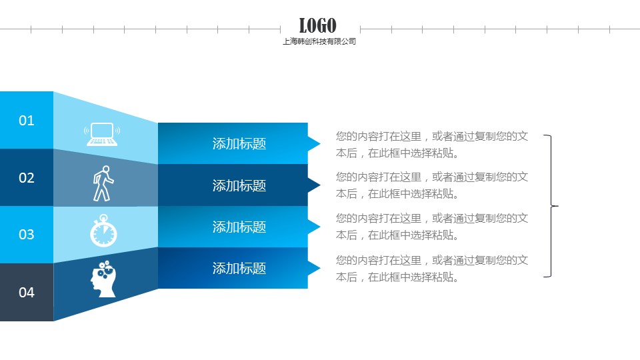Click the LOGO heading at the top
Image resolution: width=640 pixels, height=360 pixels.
pos(317,25)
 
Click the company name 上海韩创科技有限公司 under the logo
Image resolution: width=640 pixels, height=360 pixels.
pos(319,41)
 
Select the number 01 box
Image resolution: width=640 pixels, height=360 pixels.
pos(27,120)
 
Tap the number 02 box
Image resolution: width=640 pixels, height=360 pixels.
pos(27,177)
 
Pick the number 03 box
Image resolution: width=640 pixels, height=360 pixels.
pos(27,235)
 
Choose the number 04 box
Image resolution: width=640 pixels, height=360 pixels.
pos(27,292)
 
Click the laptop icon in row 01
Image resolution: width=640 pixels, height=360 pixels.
pos(102,134)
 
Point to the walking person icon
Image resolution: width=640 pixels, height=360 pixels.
pos(103,183)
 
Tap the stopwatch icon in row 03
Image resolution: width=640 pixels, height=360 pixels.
pos(104,231)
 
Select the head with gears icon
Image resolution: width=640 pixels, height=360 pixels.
pos(104,279)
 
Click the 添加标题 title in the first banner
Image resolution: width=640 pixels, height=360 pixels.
pos(239,144)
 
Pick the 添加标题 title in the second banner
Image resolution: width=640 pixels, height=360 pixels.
pos(239,186)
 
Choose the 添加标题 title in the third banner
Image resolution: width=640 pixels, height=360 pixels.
pos(239,227)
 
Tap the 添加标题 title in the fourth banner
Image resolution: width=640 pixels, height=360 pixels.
pos(239,269)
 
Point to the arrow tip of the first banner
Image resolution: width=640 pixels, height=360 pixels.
pos(320,143)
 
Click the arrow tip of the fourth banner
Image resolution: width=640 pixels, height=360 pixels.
pos(320,268)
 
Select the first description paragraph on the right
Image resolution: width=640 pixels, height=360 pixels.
pos(432,145)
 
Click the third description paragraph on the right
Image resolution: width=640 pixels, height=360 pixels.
pos(432,227)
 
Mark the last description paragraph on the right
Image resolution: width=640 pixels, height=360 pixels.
pos(432,269)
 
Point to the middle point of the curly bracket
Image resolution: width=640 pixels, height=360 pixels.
pos(557,206)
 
